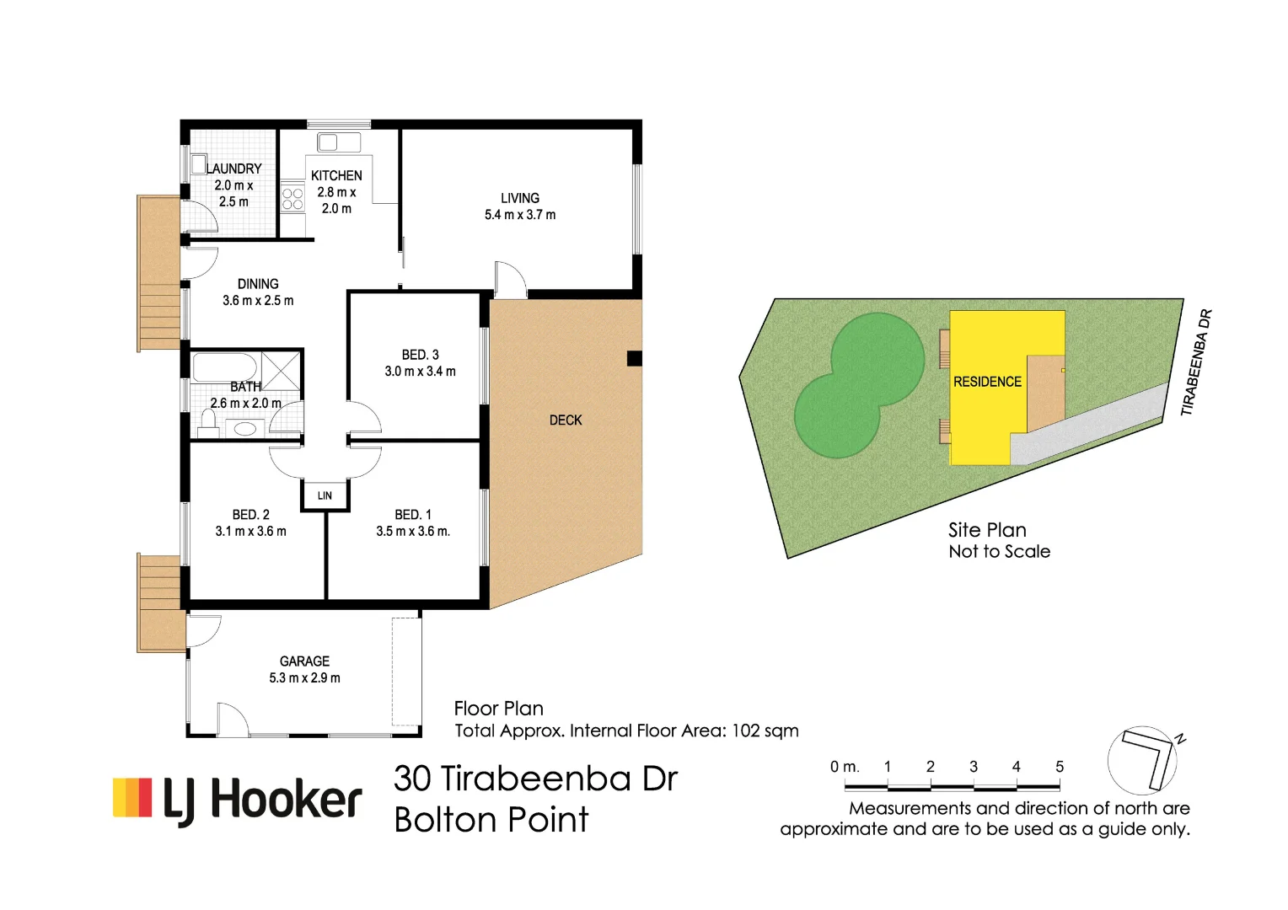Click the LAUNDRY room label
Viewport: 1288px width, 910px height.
coord(234,169)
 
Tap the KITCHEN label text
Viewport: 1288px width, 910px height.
coord(336,175)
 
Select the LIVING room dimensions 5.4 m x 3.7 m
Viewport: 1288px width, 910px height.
coord(520,215)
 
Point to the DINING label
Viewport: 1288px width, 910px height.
coord(258,284)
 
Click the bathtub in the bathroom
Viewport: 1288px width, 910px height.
coord(225,367)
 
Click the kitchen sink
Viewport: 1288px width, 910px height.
coord(339,142)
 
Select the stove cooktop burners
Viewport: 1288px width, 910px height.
coord(292,199)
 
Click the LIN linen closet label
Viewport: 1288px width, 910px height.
coord(325,495)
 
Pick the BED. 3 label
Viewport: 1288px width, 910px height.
coord(420,355)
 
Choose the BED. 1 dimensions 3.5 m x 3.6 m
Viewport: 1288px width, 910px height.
coord(413,532)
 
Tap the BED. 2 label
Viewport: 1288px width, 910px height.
coord(251,515)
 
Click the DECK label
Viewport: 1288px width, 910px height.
coord(566,420)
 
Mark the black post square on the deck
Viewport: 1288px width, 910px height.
coord(635,358)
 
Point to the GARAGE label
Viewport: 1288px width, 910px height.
coord(304,661)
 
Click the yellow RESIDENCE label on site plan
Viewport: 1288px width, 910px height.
coord(987,382)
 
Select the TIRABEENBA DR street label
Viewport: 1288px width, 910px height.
coord(1196,362)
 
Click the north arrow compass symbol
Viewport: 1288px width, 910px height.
coord(1143,759)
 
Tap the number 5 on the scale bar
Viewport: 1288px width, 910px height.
coord(1060,767)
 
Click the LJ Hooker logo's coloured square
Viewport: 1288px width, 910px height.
coord(132,798)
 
